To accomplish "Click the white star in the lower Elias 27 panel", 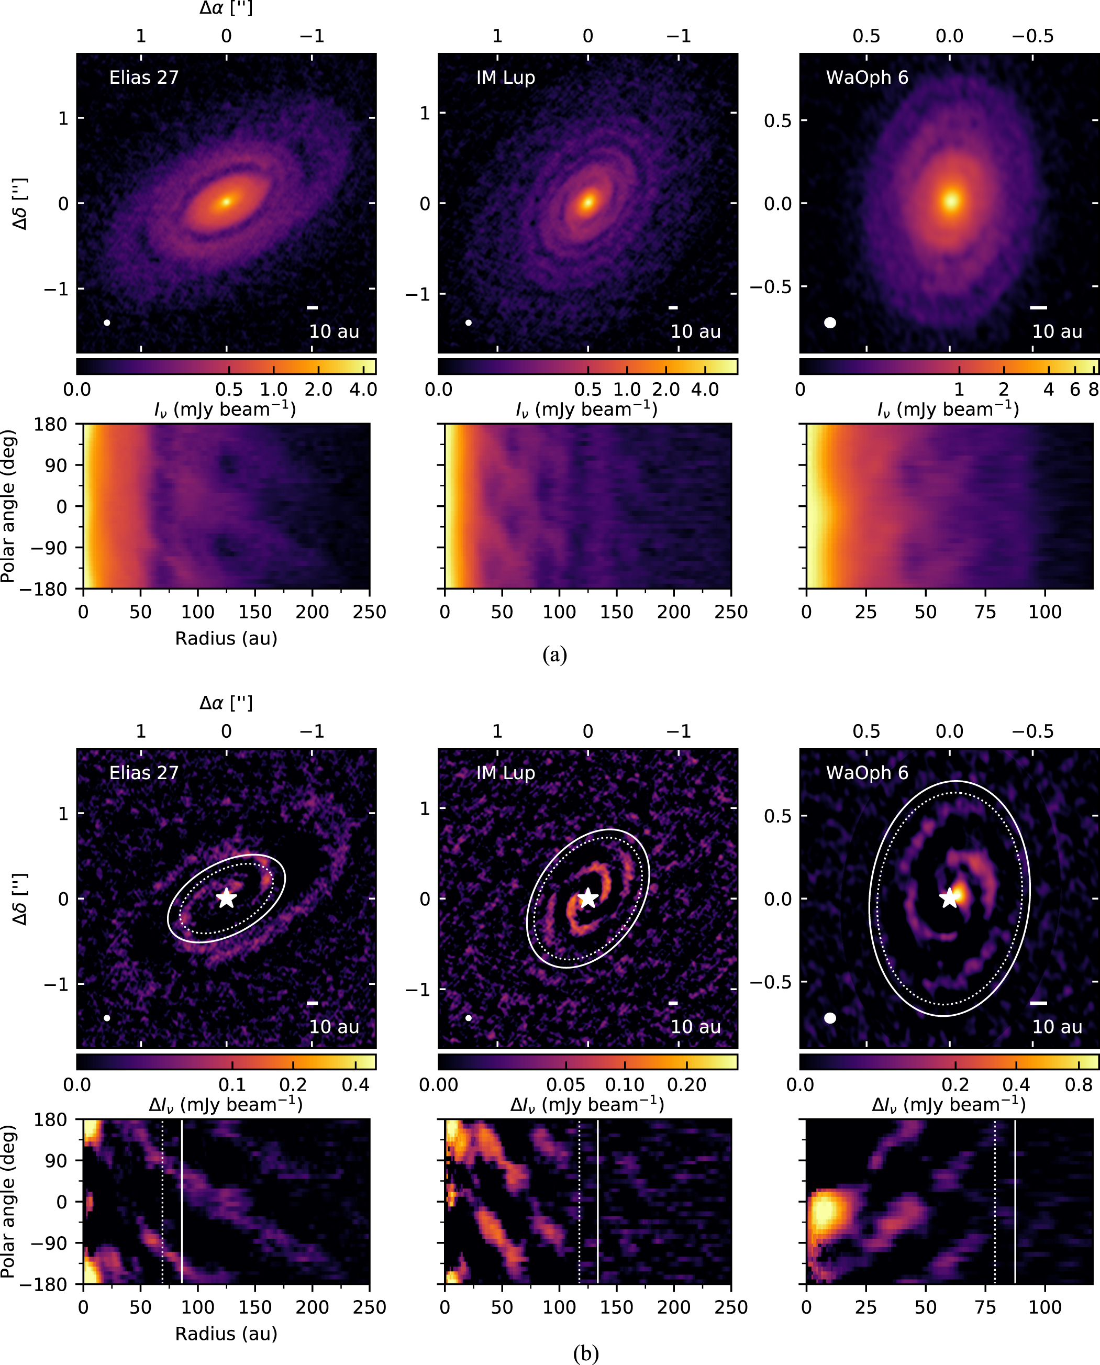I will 226,897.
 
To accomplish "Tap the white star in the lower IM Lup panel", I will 588,897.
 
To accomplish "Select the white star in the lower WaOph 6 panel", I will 949,897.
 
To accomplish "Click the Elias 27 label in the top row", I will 144,77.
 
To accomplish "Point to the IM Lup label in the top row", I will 506,77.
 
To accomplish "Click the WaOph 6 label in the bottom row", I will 867,772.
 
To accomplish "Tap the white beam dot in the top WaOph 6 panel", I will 830,323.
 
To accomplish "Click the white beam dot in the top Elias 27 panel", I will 107,323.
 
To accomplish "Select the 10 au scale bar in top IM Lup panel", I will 673,307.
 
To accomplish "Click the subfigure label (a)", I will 554,654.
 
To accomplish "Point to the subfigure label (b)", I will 585,1353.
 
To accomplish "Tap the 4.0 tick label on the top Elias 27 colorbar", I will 363,389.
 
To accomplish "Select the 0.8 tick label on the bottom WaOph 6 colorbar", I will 1079,1084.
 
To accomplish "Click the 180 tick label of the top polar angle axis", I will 51,424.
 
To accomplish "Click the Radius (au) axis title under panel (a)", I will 226,638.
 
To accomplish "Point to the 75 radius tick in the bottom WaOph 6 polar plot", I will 985,1307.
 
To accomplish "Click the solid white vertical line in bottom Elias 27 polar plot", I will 182,1201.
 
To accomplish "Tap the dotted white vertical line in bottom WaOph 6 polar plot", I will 995,1201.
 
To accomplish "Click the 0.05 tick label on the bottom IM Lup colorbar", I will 566,1084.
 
